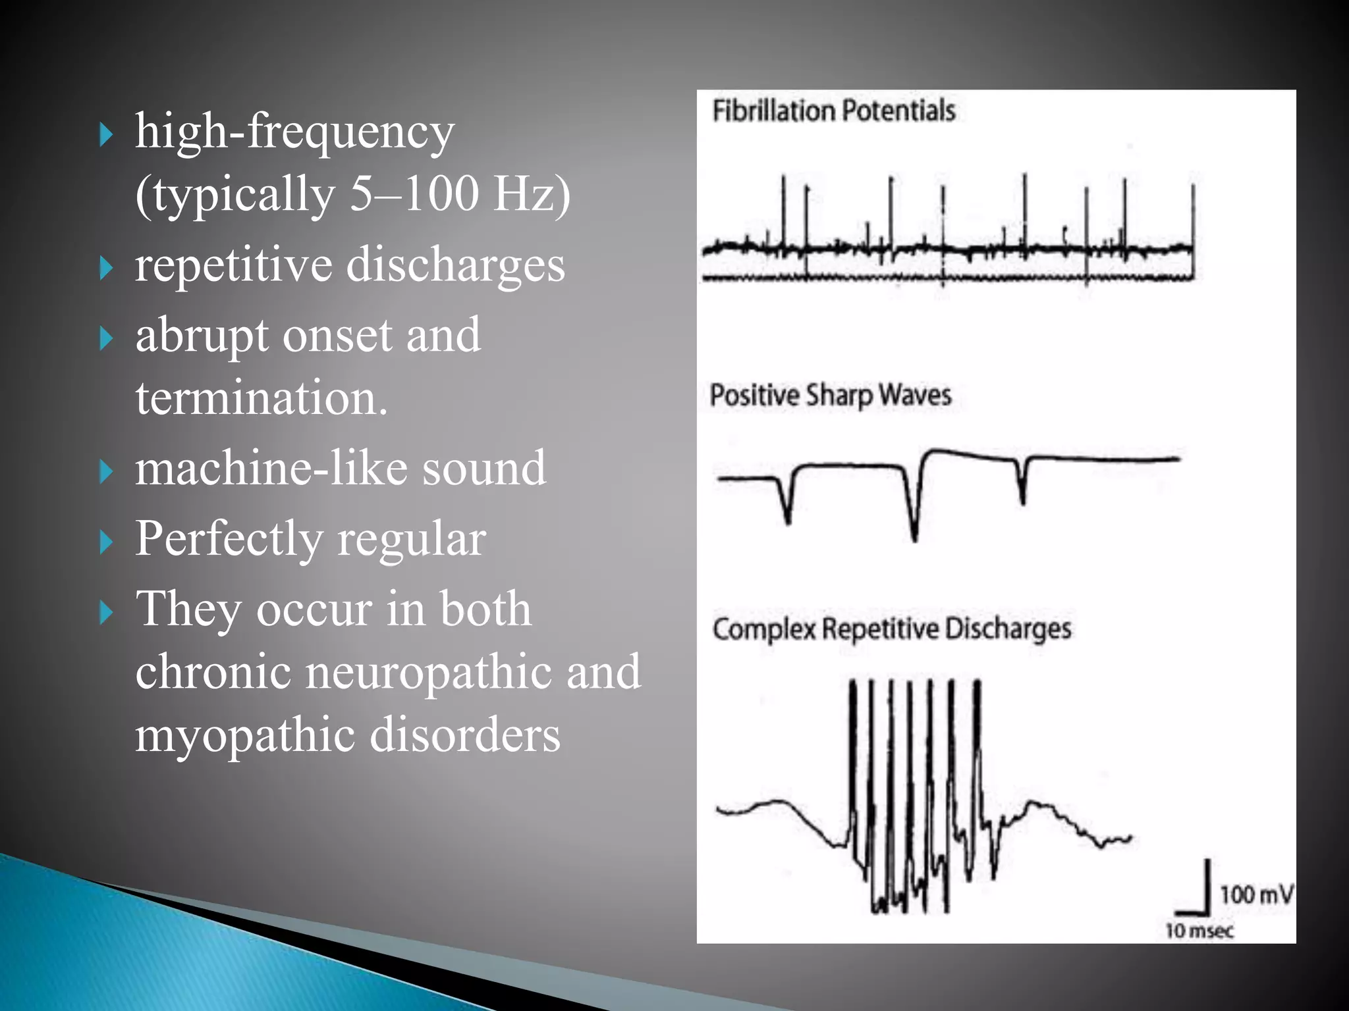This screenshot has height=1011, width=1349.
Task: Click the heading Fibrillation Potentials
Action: pyautogui.click(x=833, y=111)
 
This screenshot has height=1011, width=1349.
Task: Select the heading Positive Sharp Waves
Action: pyautogui.click(x=830, y=396)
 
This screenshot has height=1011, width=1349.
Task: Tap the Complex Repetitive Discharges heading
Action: pyautogui.click(x=891, y=629)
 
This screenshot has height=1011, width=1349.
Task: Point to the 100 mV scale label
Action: pyautogui.click(x=1255, y=895)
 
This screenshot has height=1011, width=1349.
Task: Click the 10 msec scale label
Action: pyautogui.click(x=1199, y=931)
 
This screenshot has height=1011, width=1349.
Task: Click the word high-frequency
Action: pyautogui.click(x=294, y=132)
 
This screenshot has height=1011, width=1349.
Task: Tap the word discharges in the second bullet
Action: pyautogui.click(x=455, y=265)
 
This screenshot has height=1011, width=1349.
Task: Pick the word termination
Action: pyautogui.click(x=262, y=398)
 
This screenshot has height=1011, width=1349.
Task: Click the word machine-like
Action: pyautogui.click(x=271, y=468)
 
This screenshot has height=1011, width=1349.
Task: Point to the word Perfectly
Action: pyautogui.click(x=229, y=538)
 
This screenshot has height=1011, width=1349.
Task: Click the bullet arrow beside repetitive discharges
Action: pyautogui.click(x=106, y=269)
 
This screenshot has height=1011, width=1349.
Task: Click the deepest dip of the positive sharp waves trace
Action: pyautogui.click(x=914, y=538)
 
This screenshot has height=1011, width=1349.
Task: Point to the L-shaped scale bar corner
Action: pyautogui.click(x=1208, y=913)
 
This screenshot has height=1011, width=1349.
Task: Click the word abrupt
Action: pyautogui.click(x=202, y=336)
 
